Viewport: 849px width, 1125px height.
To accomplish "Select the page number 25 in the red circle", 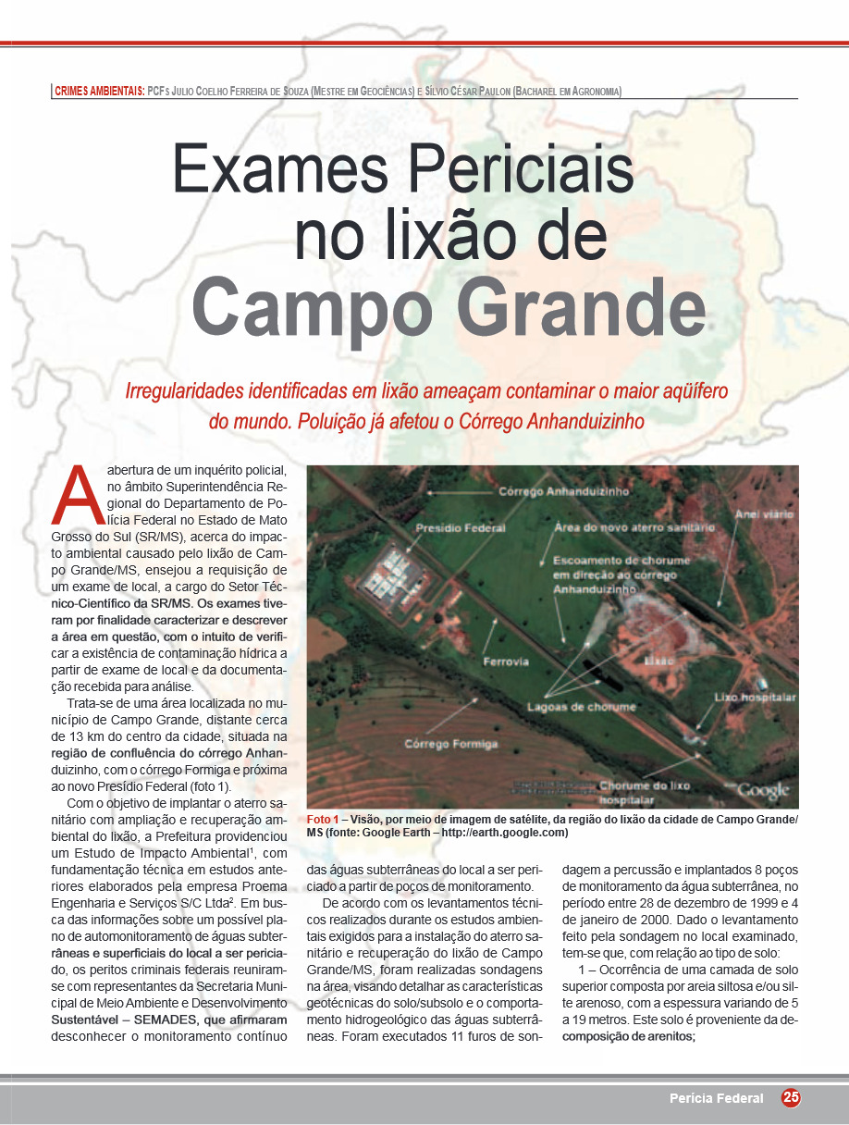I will coord(791,1097).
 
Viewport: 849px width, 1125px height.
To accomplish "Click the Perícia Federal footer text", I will coord(717,1098).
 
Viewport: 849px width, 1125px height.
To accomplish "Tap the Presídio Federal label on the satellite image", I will coord(461,528).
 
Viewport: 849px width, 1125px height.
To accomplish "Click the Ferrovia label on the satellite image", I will coord(506,661).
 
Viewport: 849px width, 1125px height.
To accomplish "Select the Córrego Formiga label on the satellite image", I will coord(450,744).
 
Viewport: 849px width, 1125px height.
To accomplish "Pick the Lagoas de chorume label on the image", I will coord(581,707).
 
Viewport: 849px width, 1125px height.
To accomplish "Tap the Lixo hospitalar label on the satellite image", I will coord(755,697).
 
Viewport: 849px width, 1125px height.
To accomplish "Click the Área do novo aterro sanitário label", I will coord(634,527).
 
